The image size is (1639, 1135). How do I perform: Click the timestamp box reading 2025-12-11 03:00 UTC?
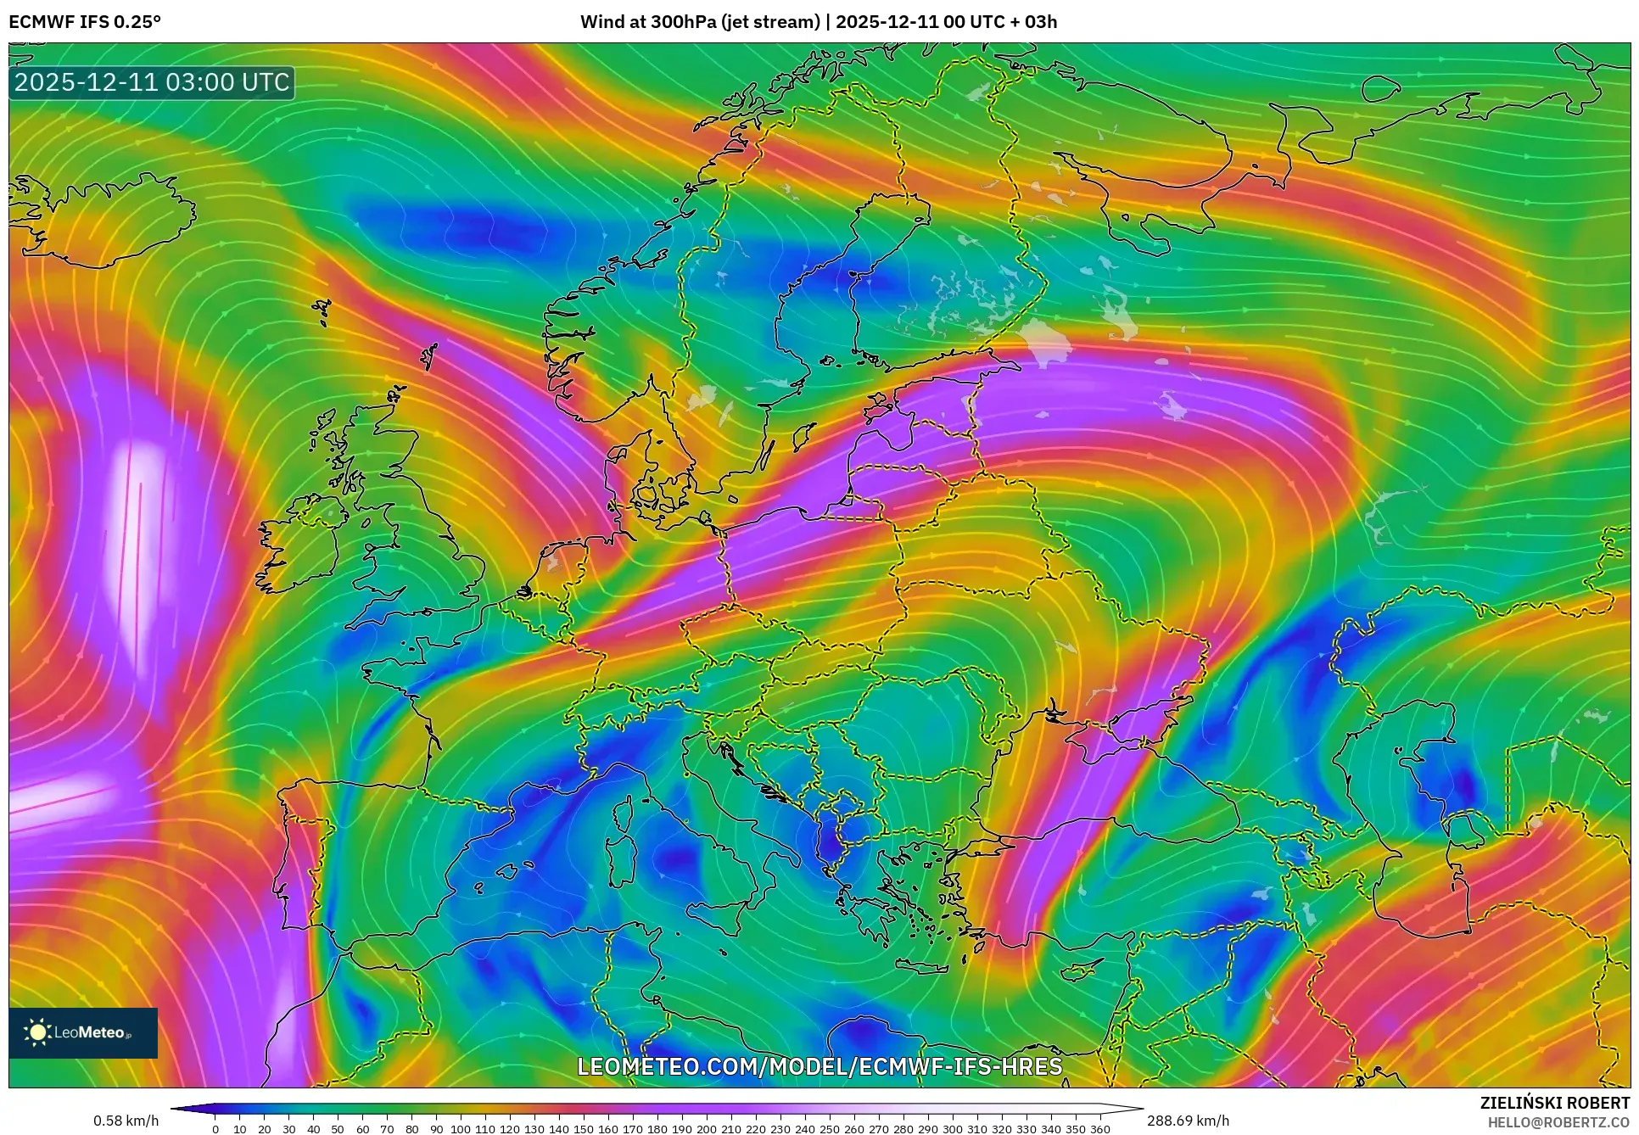click(x=152, y=82)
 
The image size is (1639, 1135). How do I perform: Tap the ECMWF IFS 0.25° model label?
click(x=85, y=22)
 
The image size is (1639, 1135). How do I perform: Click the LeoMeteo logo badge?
click(x=83, y=1032)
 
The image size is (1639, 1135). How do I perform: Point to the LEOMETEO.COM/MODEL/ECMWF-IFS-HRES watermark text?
click(x=819, y=1066)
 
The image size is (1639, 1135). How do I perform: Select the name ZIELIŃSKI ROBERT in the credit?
click(x=1554, y=1103)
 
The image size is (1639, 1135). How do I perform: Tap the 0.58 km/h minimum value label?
click(x=126, y=1121)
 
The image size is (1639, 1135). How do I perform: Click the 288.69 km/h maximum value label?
click(x=1188, y=1121)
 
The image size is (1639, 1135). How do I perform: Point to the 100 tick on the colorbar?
click(x=461, y=1128)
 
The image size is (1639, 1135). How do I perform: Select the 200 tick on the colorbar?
click(x=707, y=1128)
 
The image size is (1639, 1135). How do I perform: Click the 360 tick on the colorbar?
click(x=1099, y=1128)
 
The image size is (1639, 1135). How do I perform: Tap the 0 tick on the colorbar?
click(x=215, y=1128)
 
